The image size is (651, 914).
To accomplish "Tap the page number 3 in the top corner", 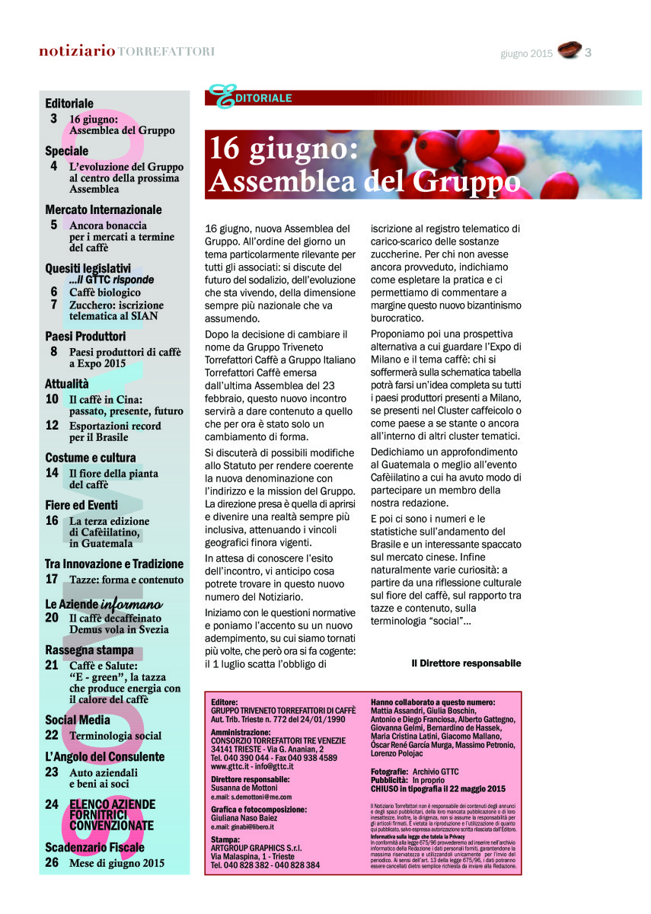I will (589, 52).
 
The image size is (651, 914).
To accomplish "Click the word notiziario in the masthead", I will (77, 51).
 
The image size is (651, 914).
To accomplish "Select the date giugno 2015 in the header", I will (526, 53).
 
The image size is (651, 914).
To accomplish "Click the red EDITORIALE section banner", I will (364, 97).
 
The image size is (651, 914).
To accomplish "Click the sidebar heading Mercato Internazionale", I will (104, 209).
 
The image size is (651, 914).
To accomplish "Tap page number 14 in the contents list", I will (52, 473).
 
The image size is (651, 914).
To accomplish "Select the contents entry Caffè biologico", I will (104, 292).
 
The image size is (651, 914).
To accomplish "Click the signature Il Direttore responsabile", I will (466, 663).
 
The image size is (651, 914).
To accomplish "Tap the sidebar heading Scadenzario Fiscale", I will (94, 848).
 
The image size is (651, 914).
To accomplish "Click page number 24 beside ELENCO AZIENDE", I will (52, 804).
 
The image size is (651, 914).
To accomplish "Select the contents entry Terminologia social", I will (115, 736).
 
